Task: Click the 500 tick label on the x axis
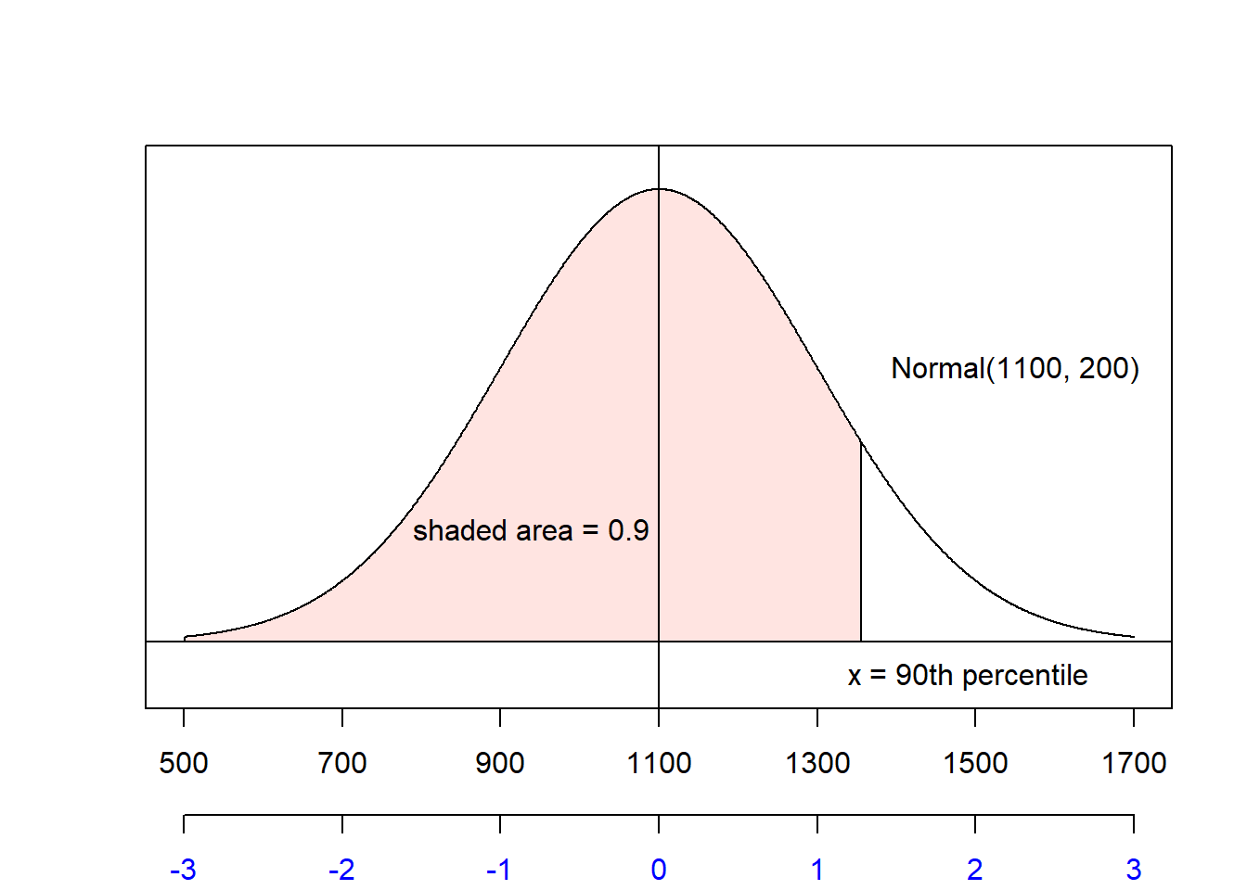click(x=184, y=763)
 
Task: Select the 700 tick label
click(x=342, y=763)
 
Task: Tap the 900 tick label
click(x=500, y=763)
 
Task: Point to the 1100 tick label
click(x=659, y=763)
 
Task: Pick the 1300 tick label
click(x=817, y=763)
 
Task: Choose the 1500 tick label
click(x=975, y=763)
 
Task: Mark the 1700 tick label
click(x=1134, y=763)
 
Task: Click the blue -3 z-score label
click(x=183, y=870)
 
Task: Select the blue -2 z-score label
click(x=341, y=870)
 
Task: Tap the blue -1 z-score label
click(x=499, y=870)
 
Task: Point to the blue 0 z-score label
click(x=659, y=870)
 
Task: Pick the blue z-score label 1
click(x=817, y=870)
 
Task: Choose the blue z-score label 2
click(x=975, y=870)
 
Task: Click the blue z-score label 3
click(x=1134, y=870)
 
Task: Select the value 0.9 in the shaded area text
click(x=628, y=530)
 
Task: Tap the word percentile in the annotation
click(x=1025, y=676)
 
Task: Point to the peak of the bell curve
click(x=659, y=189)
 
